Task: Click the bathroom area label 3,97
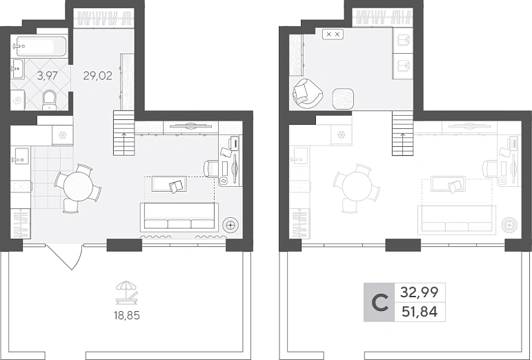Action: (47, 76)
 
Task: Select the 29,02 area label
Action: (97, 76)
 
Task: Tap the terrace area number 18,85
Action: (127, 316)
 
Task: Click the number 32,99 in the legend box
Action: (420, 292)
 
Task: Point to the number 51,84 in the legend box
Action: (420, 311)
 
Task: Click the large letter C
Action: (380, 303)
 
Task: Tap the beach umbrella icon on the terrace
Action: (127, 292)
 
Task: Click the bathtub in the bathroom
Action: (41, 46)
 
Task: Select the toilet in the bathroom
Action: (50, 100)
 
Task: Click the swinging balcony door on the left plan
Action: (64, 257)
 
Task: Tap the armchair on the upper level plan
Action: (307, 94)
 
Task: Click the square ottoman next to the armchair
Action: (344, 99)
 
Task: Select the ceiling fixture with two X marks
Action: (333, 34)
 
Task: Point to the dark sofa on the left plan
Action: (179, 217)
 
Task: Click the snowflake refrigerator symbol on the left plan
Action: (62, 135)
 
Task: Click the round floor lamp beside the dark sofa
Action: (230, 224)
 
